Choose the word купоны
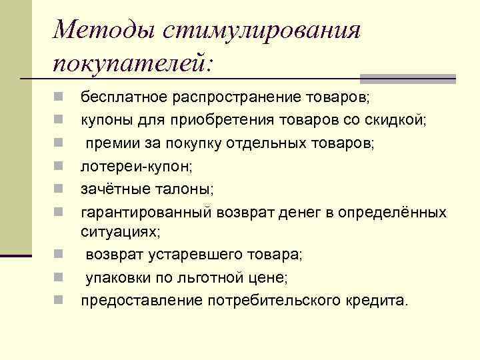coord(105,120)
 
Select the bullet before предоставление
coord(59,300)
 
